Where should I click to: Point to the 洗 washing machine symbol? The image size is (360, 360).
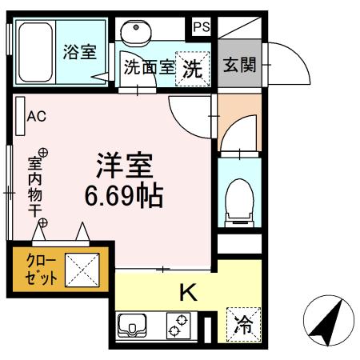(x=193, y=68)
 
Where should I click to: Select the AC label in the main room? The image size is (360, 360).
(x=37, y=116)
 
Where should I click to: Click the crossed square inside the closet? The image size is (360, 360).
(x=82, y=270)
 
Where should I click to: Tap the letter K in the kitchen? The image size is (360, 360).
(x=186, y=294)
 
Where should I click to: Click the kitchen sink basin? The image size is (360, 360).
(x=131, y=326)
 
